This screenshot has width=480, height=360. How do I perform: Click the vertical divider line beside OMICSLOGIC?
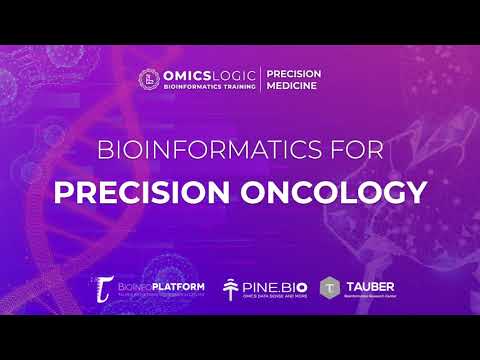261,80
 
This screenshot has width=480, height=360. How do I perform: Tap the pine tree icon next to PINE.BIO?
233,289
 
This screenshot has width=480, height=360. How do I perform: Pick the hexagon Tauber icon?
329,288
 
